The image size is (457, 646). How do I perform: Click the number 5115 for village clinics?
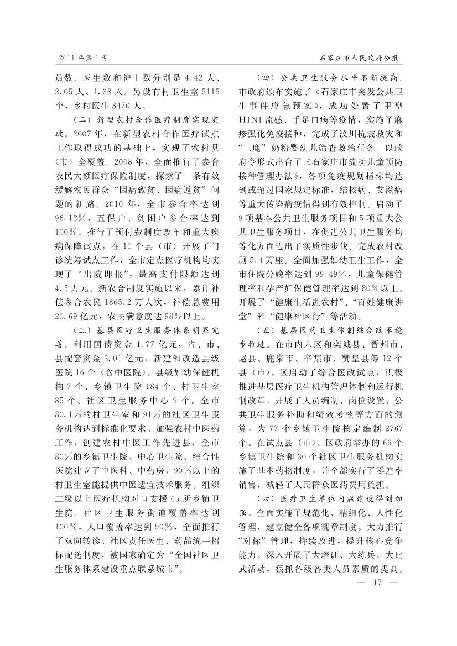pos(210,91)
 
